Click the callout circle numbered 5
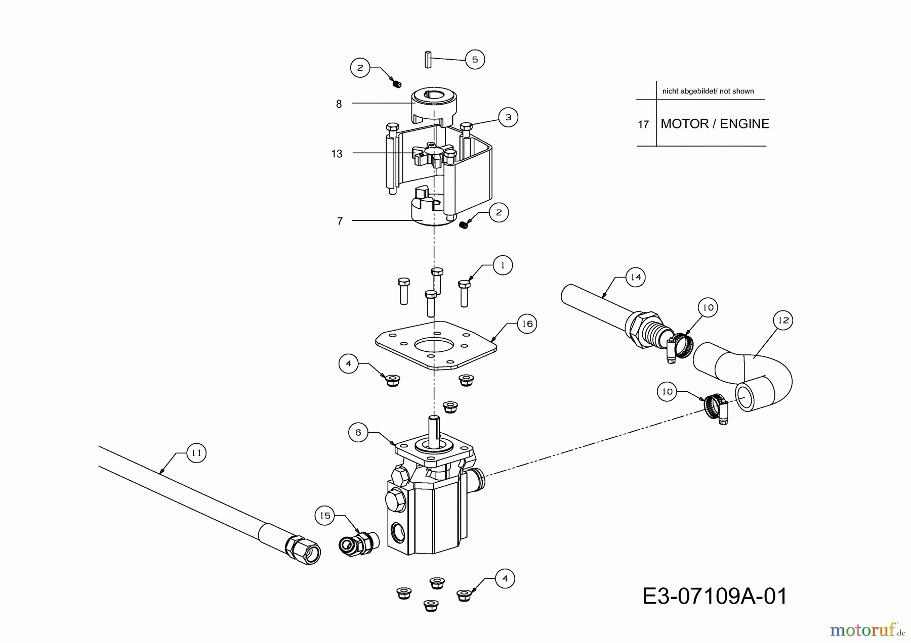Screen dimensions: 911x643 coord(475,60)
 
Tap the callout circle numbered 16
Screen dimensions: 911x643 coord(527,324)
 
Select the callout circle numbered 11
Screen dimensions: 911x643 coord(196,453)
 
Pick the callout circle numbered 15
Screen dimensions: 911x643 coord(325,515)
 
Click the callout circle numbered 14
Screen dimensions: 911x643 coord(636,277)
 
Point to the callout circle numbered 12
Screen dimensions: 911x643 coord(783,320)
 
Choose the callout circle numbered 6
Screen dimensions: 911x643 coord(358,432)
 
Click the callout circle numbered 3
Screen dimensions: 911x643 coord(508,117)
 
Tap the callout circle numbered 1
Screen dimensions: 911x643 coord(503,265)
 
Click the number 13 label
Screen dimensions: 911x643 coord(337,154)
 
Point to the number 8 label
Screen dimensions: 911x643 coord(339,104)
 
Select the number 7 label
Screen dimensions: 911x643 coord(340,221)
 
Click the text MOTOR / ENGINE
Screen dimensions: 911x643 coord(715,123)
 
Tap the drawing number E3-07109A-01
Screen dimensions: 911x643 coord(715,596)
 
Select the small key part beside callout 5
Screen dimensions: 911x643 coord(427,59)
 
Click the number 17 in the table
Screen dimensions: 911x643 coord(643,124)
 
